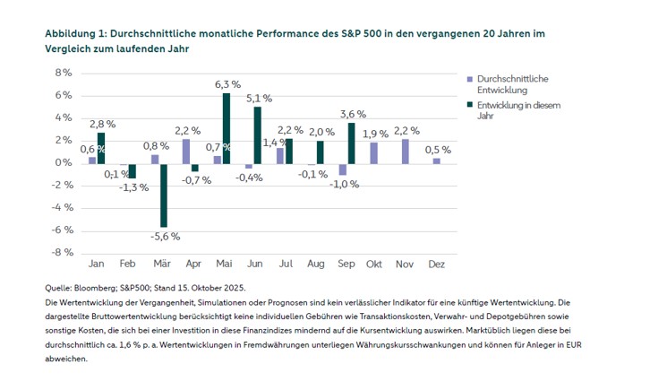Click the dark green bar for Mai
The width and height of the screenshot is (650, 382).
pos(227,127)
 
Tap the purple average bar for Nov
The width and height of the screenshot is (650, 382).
pos(406,151)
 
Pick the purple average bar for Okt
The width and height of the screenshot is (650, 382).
pos(374,152)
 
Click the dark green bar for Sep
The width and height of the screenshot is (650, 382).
pos(352,143)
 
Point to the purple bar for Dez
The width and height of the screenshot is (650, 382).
pos(437,160)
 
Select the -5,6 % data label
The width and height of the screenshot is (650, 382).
pos(165,236)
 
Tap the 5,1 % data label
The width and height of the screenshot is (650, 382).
pos(259,98)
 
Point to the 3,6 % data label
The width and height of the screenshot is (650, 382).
pos(353,114)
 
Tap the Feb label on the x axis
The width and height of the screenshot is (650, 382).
pos(127,265)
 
